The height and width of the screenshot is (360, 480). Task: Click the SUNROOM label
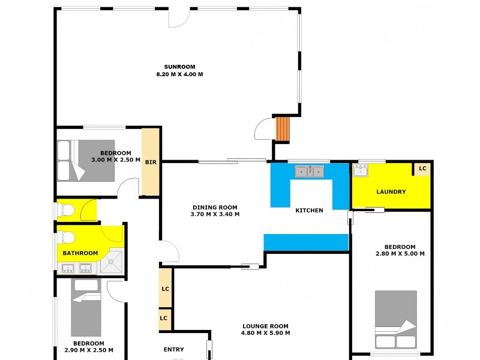pos(179,67)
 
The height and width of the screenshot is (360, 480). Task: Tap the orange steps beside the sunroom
pos(283,128)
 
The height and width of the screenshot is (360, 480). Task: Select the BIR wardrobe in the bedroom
pos(151,161)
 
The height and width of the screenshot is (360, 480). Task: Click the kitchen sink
pos(309,172)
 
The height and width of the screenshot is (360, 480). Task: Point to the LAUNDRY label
pos(391,192)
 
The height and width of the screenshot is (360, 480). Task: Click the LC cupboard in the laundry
pos(422,169)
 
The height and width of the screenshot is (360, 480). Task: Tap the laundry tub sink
pos(361,171)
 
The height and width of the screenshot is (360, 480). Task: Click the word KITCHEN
pos(309,211)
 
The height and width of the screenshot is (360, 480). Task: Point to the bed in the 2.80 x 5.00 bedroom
pos(395,320)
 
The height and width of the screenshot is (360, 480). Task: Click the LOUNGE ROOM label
pos(265,326)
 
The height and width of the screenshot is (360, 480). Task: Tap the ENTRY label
pos(173,350)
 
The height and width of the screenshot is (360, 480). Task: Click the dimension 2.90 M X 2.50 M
pos(89,350)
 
